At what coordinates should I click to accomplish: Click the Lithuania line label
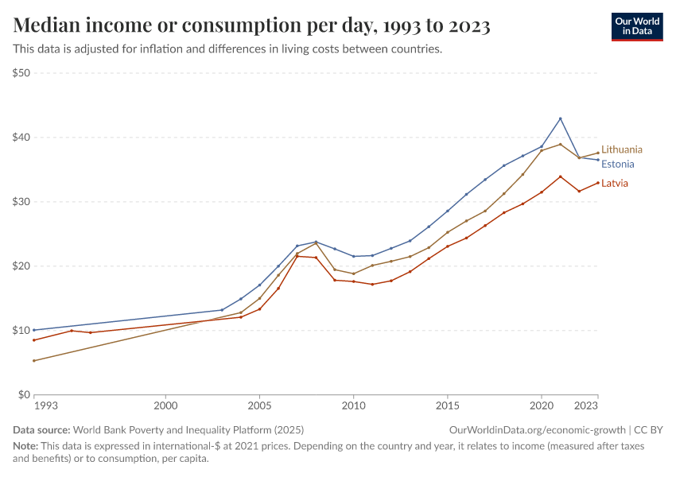click(x=621, y=149)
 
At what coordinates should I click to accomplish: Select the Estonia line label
click(x=617, y=165)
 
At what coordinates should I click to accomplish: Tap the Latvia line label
click(x=614, y=183)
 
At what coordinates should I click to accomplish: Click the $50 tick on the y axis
click(x=21, y=73)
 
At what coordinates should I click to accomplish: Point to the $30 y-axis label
click(x=21, y=202)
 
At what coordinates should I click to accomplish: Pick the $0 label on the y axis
click(x=25, y=394)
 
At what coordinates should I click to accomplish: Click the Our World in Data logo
click(x=636, y=26)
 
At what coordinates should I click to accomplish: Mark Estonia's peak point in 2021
click(x=560, y=118)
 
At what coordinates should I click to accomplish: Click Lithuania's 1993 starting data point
click(x=33, y=360)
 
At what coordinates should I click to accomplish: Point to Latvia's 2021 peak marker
click(x=560, y=176)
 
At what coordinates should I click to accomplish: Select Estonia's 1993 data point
click(x=33, y=330)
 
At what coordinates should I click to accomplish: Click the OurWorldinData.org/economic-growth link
click(x=538, y=429)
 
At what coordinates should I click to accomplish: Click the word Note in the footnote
click(x=25, y=446)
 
